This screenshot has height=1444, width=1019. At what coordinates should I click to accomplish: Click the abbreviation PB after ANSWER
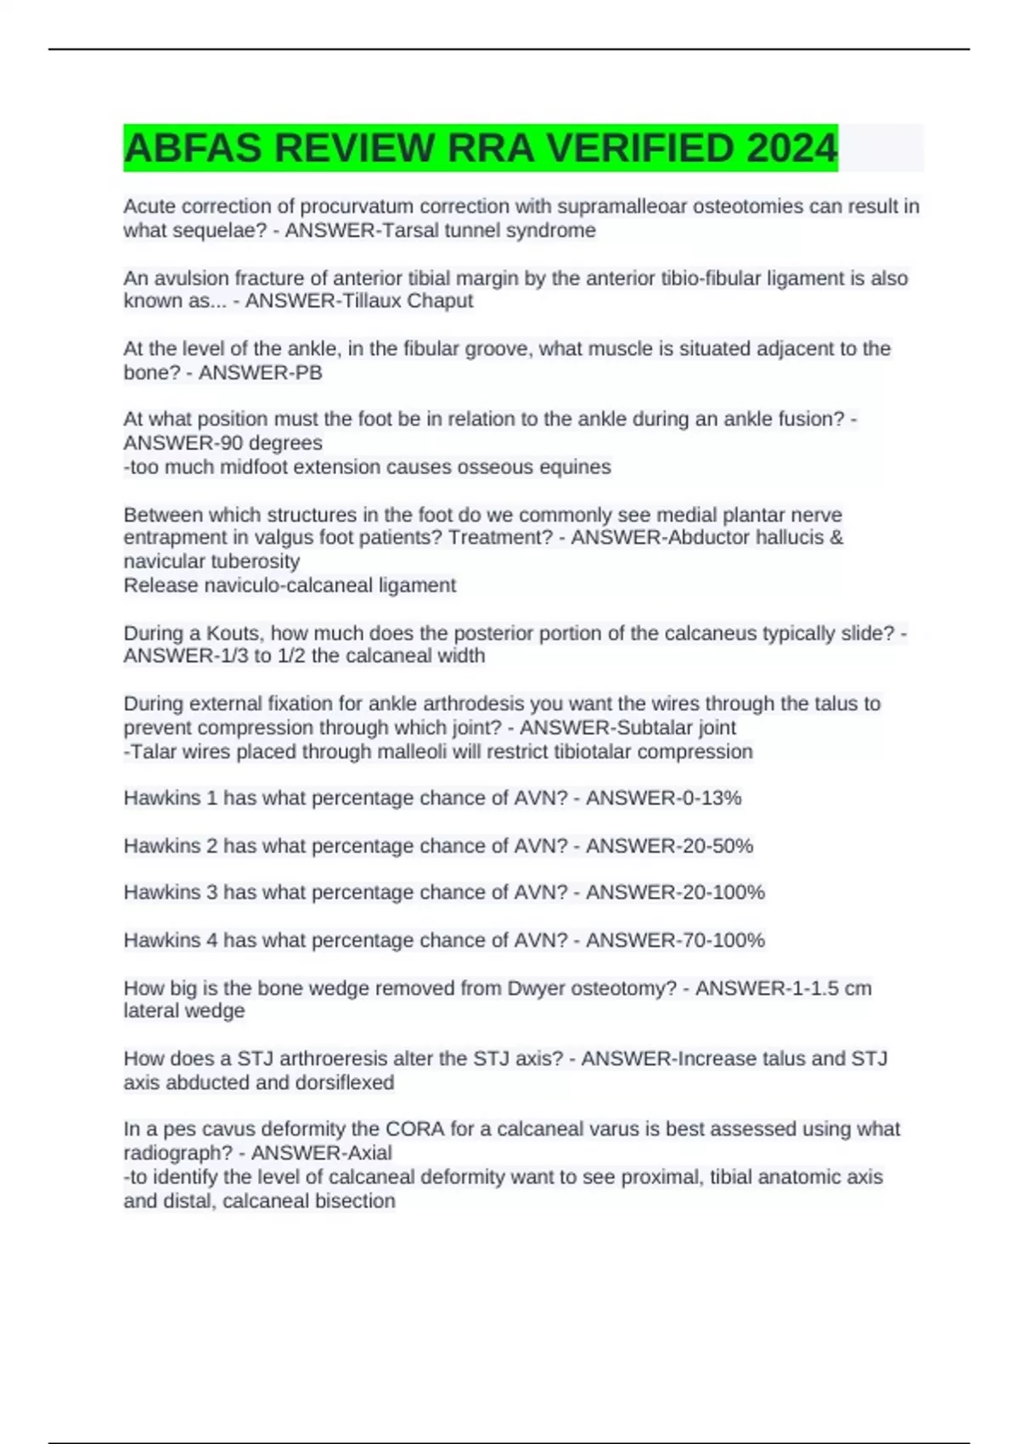point(307,372)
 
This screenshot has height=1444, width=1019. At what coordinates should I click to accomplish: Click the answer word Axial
point(366,1153)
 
